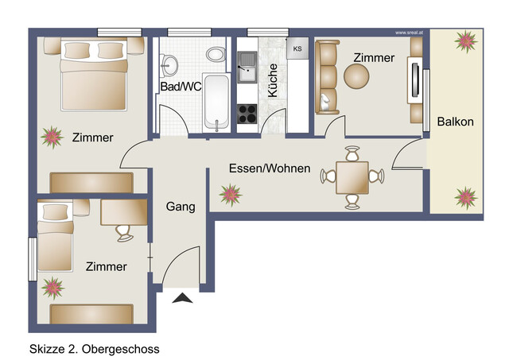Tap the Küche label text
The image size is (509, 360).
[x=273, y=80]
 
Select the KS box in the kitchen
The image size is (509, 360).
[x=297, y=49]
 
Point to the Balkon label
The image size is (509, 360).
[x=455, y=122]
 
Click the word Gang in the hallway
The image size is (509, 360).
[x=181, y=207]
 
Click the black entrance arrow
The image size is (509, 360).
[x=183, y=298]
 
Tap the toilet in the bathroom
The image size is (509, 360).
[x=214, y=55]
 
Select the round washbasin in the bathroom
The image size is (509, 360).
[x=171, y=63]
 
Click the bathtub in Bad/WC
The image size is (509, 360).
[x=216, y=102]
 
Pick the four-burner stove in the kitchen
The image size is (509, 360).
[x=248, y=114]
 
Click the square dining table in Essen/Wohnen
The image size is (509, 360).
[x=352, y=176]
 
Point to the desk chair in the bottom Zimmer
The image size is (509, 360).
[x=124, y=231]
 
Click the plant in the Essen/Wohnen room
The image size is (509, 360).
[x=231, y=193]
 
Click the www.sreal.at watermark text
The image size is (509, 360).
[x=410, y=33]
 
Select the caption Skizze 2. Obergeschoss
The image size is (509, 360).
[x=94, y=348]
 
